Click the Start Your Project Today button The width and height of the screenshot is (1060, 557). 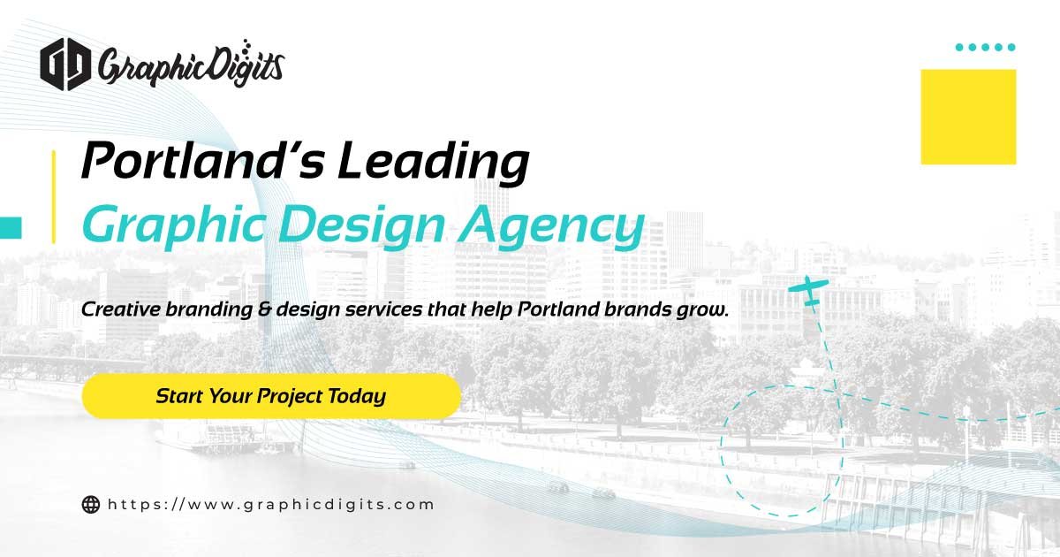tap(270, 395)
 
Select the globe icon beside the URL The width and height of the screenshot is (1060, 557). tap(90, 505)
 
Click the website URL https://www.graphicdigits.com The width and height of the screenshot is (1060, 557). tap(271, 505)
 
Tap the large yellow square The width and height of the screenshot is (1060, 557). tap(968, 117)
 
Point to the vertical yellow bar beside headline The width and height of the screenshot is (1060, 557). tap(54, 195)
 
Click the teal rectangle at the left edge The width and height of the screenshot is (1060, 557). tap(10, 227)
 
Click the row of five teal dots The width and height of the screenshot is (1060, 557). tap(986, 47)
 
